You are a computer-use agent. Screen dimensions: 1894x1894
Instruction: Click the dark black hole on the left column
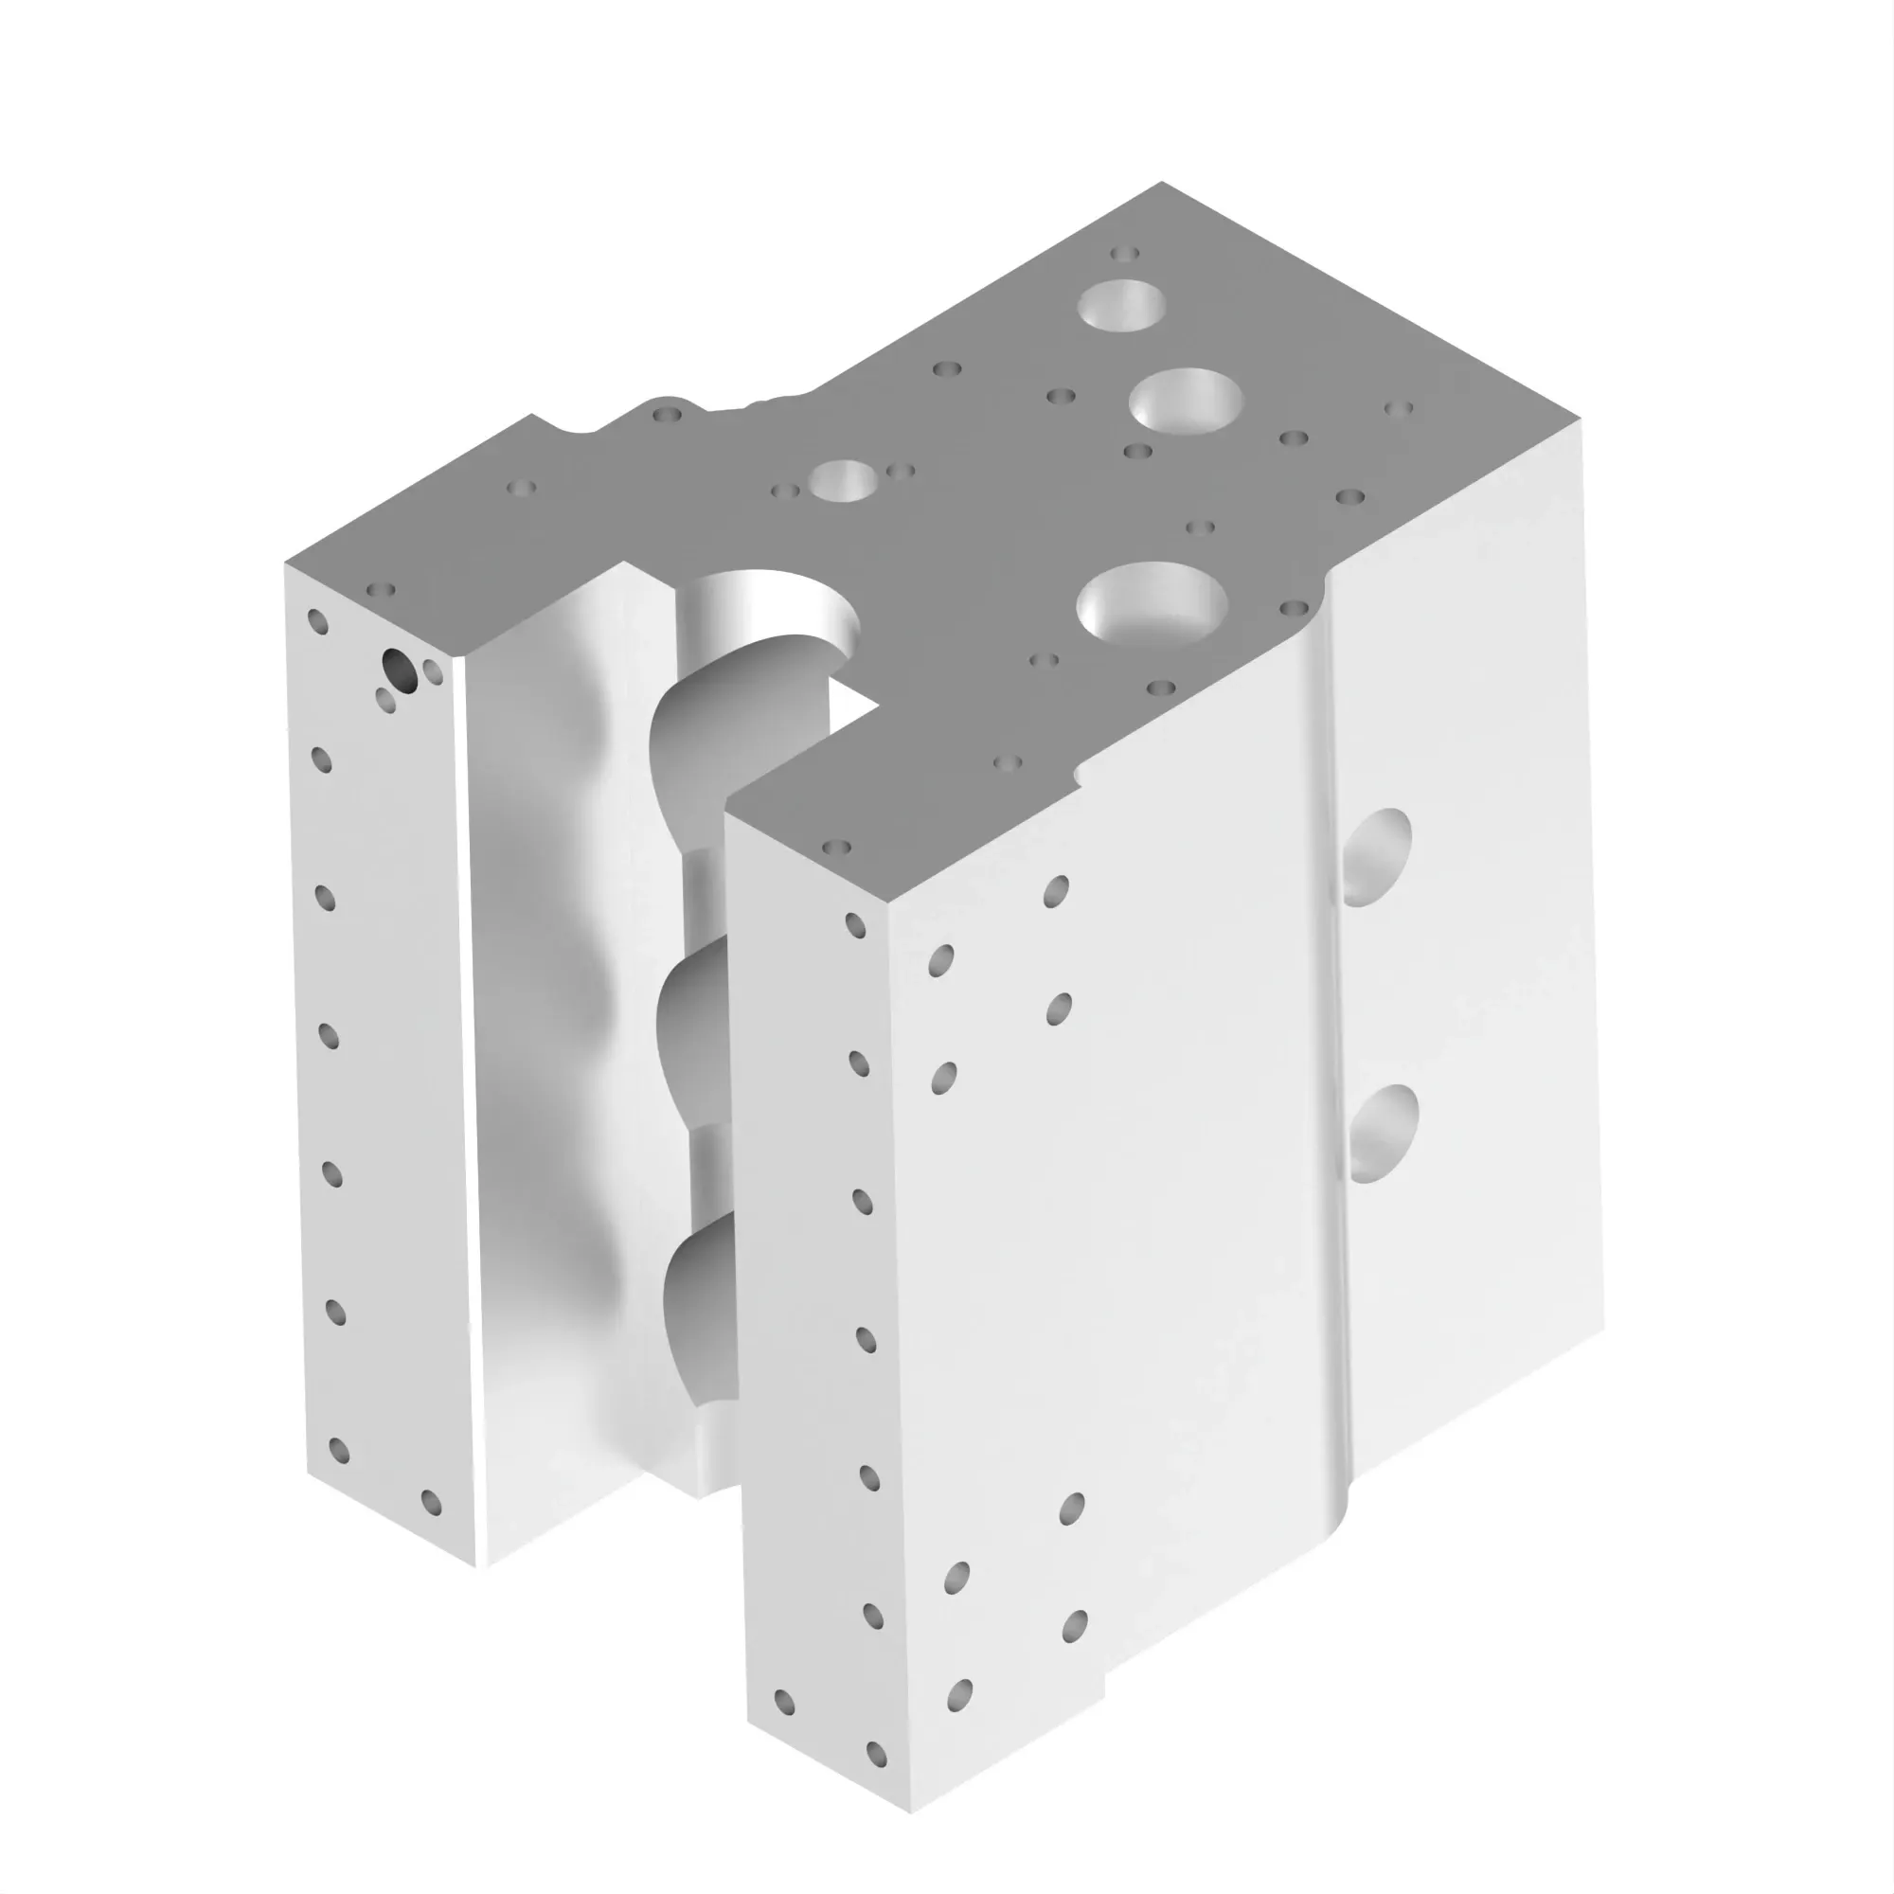pos(398,669)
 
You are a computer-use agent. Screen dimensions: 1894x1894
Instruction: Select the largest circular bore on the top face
pos(1152,602)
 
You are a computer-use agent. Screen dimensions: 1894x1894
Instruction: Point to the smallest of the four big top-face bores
pos(843,480)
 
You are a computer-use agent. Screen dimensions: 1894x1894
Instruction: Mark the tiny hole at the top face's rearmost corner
pos(1124,254)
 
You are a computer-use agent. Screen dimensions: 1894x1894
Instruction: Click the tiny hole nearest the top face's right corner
pos(1398,408)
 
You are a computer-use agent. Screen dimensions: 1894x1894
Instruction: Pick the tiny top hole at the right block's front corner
pos(836,846)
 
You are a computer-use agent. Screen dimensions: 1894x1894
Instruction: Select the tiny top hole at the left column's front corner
pos(381,590)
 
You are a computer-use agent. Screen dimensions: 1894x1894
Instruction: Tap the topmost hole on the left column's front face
pos(317,621)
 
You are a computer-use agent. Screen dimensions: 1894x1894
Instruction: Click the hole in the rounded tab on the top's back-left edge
pos(668,415)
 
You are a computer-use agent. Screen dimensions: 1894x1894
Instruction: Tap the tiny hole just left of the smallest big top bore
pos(785,491)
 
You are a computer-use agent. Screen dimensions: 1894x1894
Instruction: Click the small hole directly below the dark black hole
pos(386,700)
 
